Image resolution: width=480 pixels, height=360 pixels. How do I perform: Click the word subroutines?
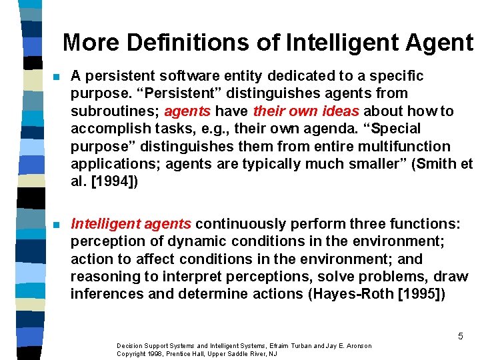point(114,111)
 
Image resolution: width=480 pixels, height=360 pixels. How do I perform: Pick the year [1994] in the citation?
point(113,181)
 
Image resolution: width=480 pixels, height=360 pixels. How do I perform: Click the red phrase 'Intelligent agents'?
point(131,223)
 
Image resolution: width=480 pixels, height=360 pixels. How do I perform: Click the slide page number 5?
point(460,336)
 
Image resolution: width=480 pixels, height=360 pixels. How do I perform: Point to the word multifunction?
point(409,146)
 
